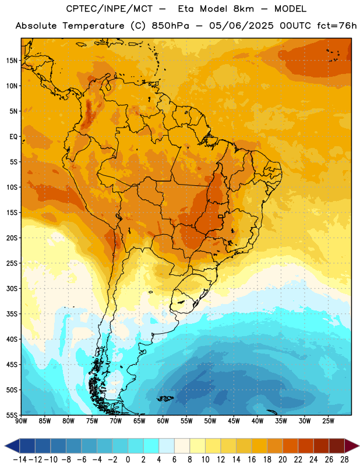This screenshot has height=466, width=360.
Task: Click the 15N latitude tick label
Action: (x=12, y=61)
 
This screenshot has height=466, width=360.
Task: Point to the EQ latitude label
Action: (x=13, y=137)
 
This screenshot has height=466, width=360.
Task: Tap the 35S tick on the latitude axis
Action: (x=12, y=314)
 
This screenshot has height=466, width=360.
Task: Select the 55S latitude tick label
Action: (x=12, y=415)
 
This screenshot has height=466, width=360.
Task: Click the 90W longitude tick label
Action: (x=21, y=421)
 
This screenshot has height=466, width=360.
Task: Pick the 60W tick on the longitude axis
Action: (x=163, y=421)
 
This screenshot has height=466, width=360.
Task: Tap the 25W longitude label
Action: (x=328, y=421)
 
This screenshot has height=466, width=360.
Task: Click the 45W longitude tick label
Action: (x=234, y=421)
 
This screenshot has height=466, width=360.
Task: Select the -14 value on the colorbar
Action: (x=20, y=460)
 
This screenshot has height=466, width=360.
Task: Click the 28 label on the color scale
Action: (x=344, y=460)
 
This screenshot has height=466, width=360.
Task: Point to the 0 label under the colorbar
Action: (x=128, y=460)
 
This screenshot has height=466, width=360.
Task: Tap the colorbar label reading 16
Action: (x=252, y=460)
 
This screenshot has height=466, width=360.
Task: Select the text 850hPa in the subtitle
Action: (x=170, y=26)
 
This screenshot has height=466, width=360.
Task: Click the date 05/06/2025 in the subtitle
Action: (x=241, y=26)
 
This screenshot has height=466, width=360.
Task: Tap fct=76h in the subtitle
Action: (x=337, y=26)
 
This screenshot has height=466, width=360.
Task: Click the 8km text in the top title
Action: (x=243, y=9)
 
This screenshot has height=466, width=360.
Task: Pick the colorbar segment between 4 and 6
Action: (x=167, y=446)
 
